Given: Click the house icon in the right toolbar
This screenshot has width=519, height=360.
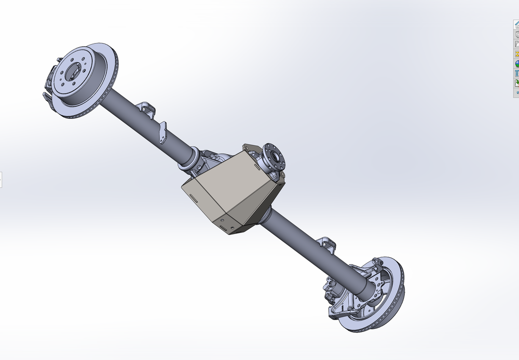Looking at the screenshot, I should pos(516,24).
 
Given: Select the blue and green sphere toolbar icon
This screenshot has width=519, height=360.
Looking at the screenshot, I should pos(517,64).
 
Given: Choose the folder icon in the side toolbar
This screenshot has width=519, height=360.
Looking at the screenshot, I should pos(517,44).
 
